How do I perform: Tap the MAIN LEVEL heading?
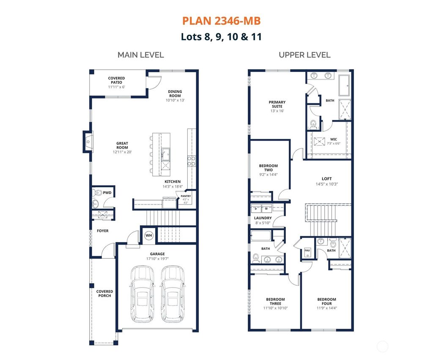(140, 55)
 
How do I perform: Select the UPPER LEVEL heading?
(304, 55)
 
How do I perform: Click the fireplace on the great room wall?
(88, 141)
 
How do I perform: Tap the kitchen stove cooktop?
(191, 160)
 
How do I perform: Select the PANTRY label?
(186, 196)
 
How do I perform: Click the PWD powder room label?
(107, 193)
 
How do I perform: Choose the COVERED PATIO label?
(116, 80)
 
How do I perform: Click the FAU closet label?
(307, 251)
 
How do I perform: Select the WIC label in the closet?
(333, 139)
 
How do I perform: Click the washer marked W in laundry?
(266, 208)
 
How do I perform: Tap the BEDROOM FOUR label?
(327, 301)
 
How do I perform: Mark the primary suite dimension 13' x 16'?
(277, 111)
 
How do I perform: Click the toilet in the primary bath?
(313, 124)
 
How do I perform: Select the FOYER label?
(103, 231)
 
